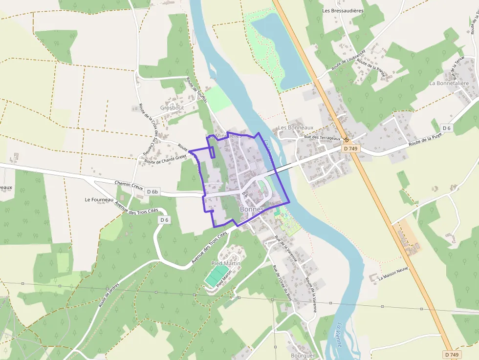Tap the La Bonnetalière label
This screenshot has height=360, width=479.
tap(449, 83)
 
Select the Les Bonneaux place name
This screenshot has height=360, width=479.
tap(295, 127)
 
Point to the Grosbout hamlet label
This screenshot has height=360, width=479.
tap(172, 107)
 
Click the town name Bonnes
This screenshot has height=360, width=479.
tap(252, 209)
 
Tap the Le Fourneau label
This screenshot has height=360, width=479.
tap(99, 199)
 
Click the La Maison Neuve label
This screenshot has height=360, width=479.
tap(393, 274)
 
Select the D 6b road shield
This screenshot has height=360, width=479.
tap(153, 192)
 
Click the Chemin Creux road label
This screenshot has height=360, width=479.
tap(129, 184)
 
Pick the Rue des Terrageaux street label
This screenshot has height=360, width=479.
tap(322, 138)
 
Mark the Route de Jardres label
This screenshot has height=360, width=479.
tap(109, 295)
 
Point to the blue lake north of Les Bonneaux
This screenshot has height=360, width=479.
tap(281, 49)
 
